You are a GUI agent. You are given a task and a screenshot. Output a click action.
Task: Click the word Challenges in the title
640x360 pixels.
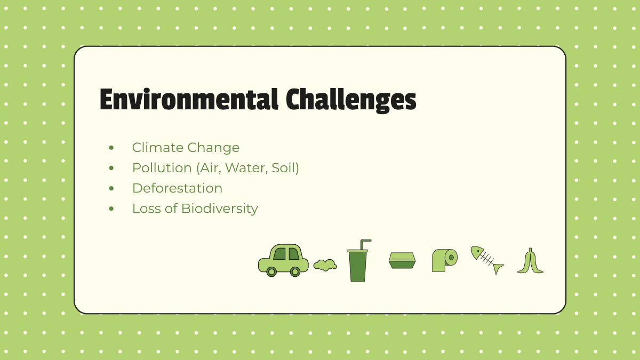tap(350, 100)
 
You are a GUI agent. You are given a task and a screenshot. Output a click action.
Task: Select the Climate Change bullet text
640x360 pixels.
tap(186, 147)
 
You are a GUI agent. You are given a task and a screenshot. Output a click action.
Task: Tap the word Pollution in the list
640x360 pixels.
tap(162, 167)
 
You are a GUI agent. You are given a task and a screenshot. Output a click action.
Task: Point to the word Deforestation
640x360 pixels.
tap(177, 188)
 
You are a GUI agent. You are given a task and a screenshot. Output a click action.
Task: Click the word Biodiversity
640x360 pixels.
tap(219, 208)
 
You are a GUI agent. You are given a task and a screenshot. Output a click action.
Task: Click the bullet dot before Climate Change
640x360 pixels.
tap(111, 148)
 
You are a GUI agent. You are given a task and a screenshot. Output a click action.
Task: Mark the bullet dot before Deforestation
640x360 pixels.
tap(111, 188)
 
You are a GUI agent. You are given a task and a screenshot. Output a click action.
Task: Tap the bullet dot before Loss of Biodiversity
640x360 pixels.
tap(111, 209)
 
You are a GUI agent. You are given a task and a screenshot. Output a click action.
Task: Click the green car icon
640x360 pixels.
tap(283, 259)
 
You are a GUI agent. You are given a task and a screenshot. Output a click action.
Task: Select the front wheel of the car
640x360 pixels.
tap(271, 271)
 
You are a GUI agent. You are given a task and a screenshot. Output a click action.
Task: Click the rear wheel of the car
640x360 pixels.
tap(295, 271)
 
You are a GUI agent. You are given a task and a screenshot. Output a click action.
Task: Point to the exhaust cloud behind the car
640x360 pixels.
tap(325, 265)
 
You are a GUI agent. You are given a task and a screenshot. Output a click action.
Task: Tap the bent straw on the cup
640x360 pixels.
tap(365, 243)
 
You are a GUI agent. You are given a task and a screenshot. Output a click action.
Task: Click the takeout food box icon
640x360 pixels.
tap(402, 260)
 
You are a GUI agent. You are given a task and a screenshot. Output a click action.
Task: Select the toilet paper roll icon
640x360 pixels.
tap(444, 260)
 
